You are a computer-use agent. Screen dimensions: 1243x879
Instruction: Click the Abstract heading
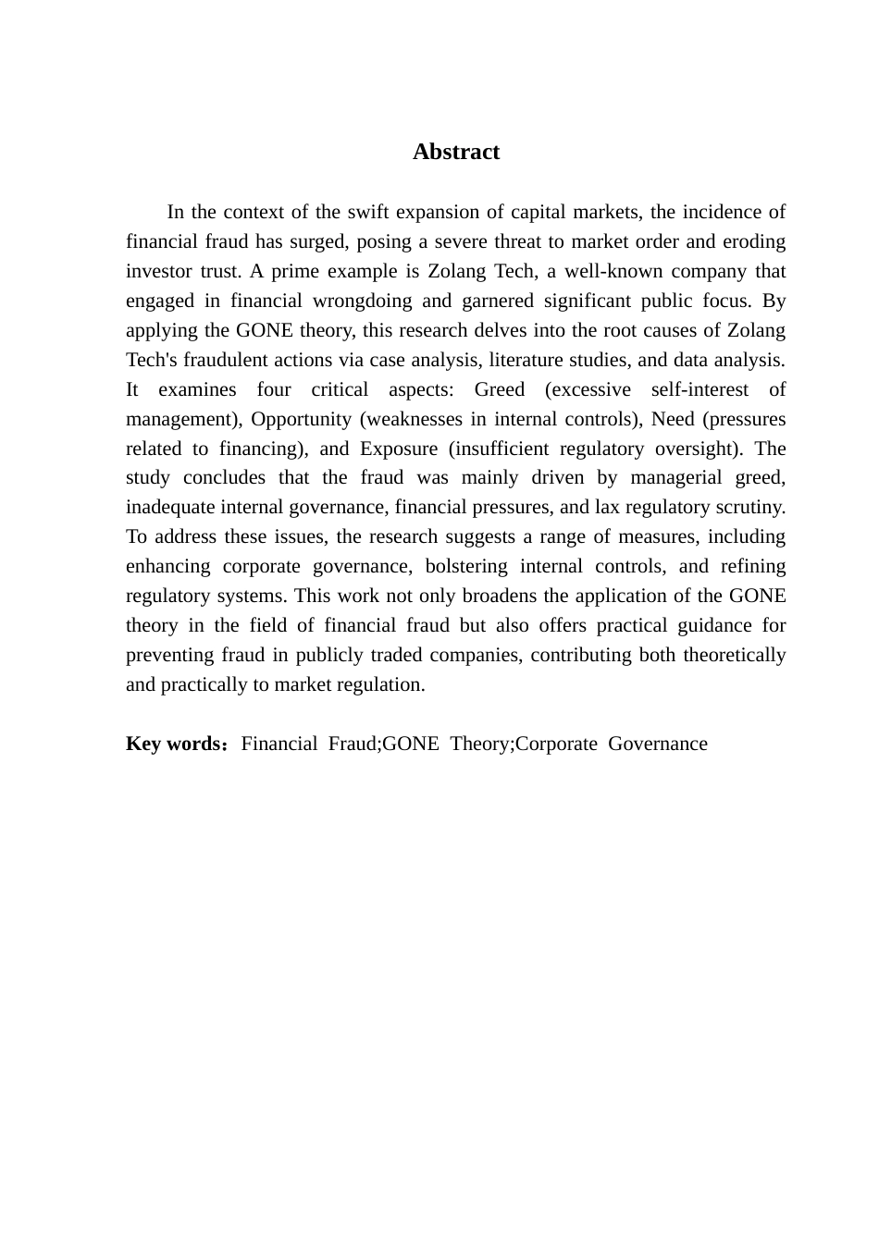pos(455,153)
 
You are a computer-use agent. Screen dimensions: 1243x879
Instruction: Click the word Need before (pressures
pos(673,419)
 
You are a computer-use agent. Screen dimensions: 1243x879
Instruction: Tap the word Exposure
pos(399,449)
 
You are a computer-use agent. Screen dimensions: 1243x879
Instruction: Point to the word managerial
pos(676,478)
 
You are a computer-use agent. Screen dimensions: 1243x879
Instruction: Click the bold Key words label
pos(173,745)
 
